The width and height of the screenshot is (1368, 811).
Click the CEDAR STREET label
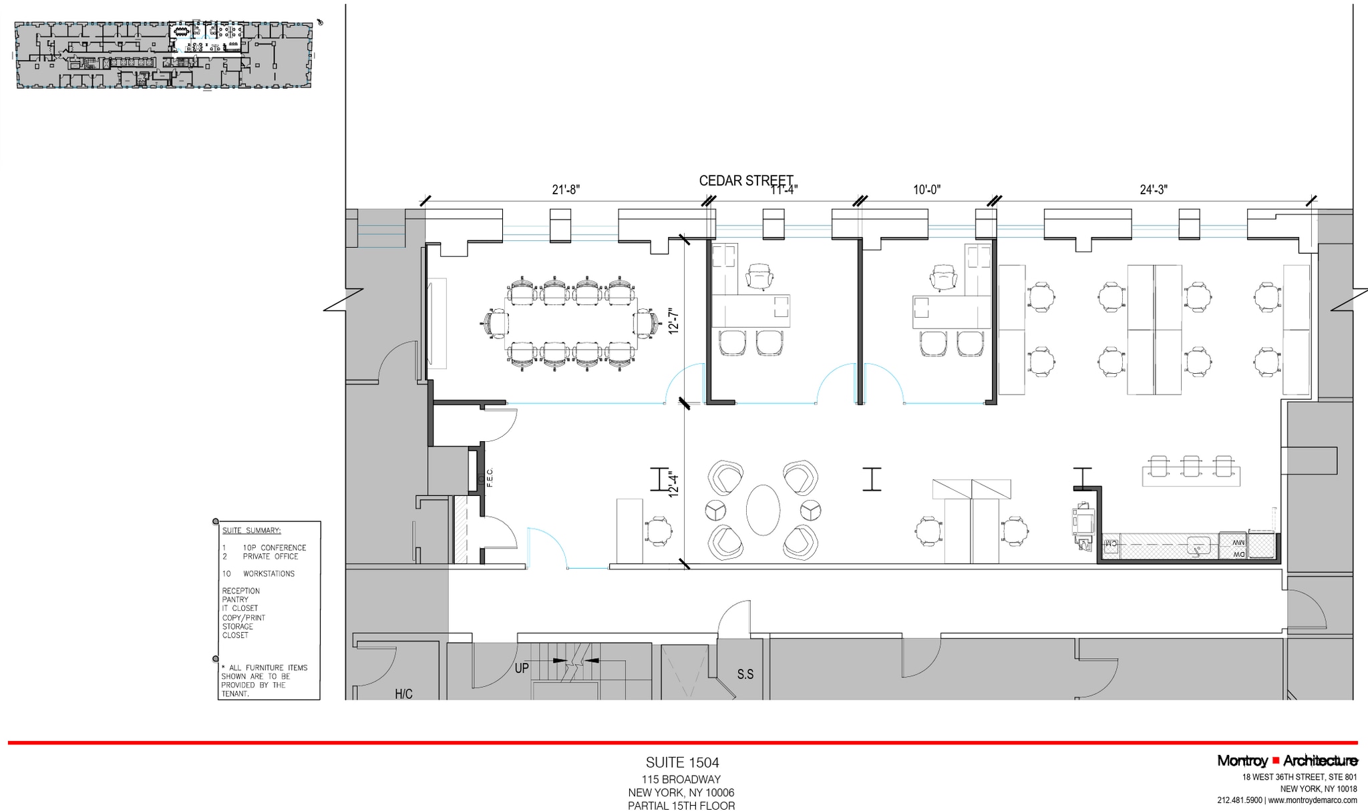tap(745, 180)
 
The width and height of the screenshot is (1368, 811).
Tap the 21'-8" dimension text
tap(566, 190)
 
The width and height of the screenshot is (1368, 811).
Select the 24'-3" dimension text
tap(1154, 190)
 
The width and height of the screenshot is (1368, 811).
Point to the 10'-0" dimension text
tap(926, 190)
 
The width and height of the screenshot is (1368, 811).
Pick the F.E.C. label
tap(490, 477)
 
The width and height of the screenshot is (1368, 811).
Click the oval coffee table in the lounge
tap(763, 510)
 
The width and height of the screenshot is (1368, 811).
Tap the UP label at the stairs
tap(522, 667)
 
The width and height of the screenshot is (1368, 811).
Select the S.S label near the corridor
tap(745, 675)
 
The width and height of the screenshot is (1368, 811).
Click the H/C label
tap(403, 694)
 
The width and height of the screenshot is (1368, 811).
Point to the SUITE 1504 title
tap(682, 762)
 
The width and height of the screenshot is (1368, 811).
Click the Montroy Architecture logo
tap(1287, 761)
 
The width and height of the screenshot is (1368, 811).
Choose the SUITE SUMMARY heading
tap(251, 531)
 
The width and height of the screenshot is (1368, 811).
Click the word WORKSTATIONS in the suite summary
tap(269, 573)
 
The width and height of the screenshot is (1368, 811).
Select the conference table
tap(570, 323)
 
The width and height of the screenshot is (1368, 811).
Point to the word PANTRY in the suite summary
tap(235, 599)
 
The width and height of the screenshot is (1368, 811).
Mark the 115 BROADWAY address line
tap(681, 780)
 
